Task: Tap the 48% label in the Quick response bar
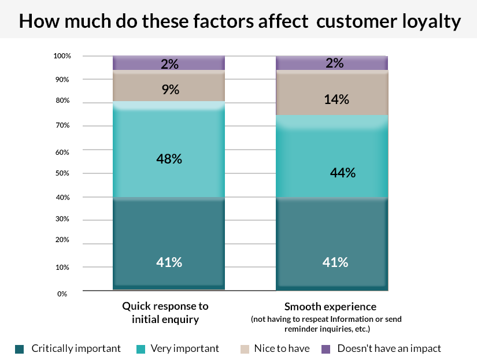tap(169, 158)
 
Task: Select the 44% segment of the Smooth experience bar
tap(332, 156)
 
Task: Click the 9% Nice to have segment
tap(169, 89)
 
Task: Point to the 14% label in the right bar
tap(336, 99)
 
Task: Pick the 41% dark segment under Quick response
tap(169, 243)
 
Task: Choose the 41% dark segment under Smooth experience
tap(332, 243)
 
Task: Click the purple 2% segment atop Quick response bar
tap(169, 63)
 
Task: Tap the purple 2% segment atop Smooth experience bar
tap(332, 63)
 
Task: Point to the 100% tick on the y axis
tap(62, 56)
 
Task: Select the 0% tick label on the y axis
tap(62, 294)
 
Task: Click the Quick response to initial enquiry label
tap(165, 313)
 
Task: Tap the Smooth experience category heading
tap(330, 306)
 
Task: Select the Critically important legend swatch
tap(19, 348)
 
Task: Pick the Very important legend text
tap(184, 348)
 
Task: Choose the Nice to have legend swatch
tap(244, 348)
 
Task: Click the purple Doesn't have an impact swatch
tap(325, 348)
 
